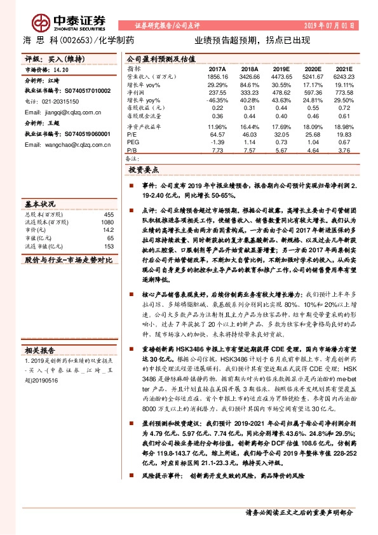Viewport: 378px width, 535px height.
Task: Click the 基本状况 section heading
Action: click(x=40, y=205)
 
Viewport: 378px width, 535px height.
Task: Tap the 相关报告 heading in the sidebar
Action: click(x=40, y=350)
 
